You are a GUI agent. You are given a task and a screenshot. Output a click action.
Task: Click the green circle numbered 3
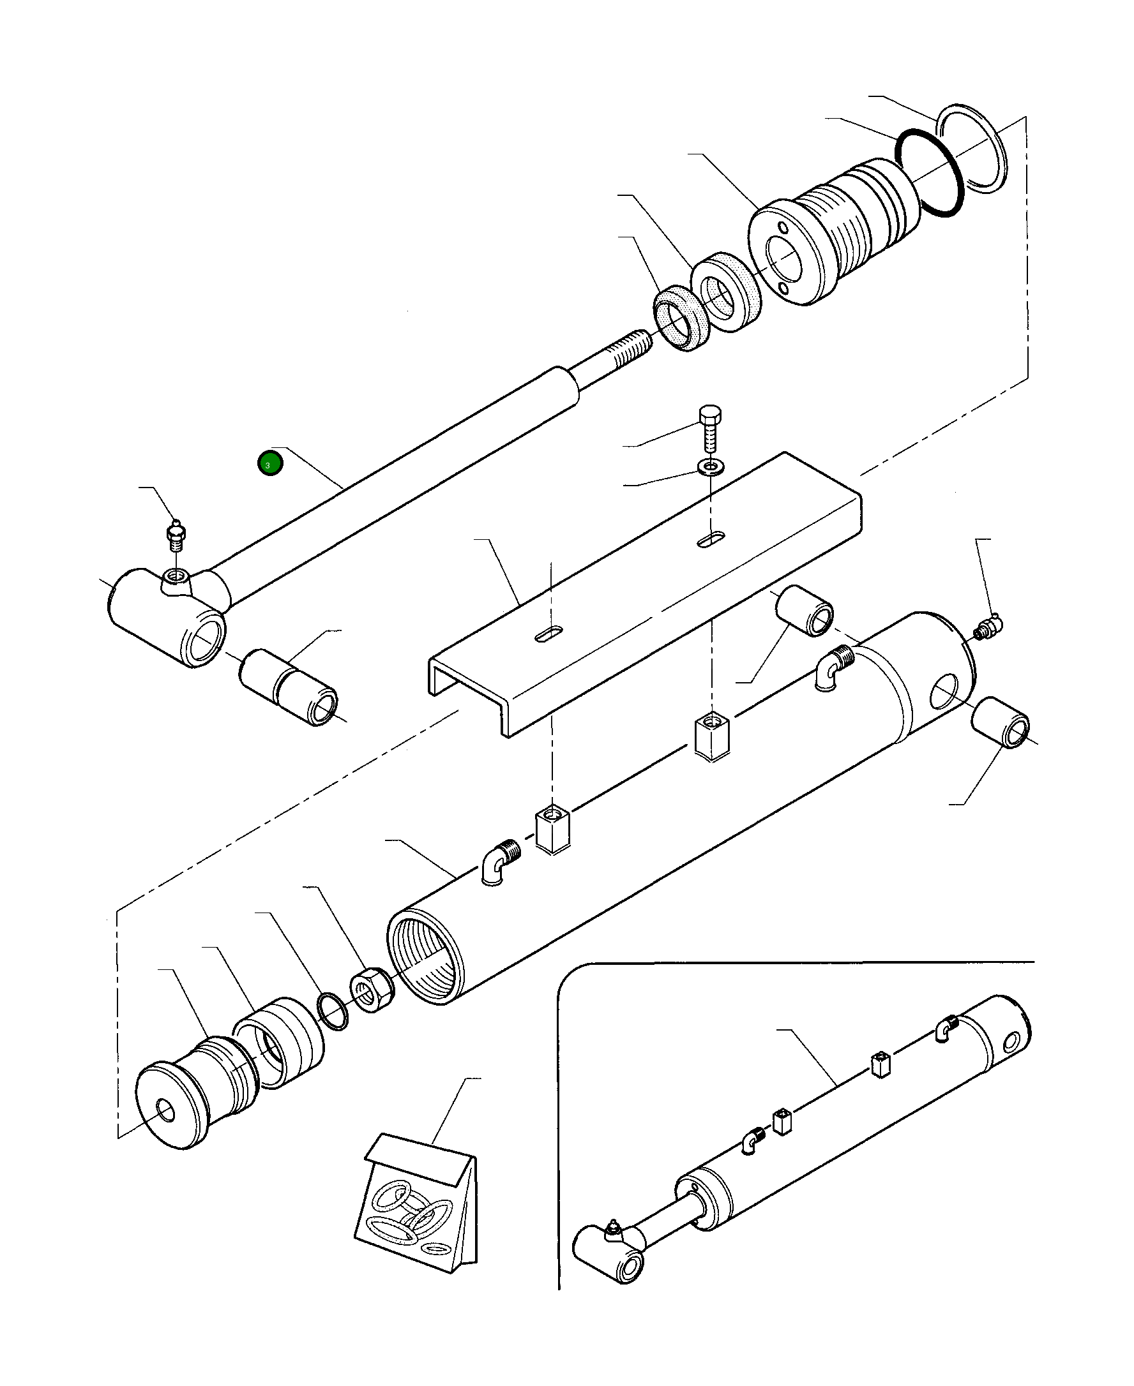(x=270, y=464)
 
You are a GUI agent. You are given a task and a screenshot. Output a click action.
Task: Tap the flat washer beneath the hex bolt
(x=708, y=468)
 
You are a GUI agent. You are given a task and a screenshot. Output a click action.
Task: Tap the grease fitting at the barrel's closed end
(x=988, y=629)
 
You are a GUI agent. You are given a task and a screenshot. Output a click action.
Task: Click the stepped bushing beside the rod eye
(x=289, y=687)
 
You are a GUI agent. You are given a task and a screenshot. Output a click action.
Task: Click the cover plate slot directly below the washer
(x=711, y=539)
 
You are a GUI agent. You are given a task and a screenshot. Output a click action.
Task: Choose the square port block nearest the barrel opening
(x=552, y=830)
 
